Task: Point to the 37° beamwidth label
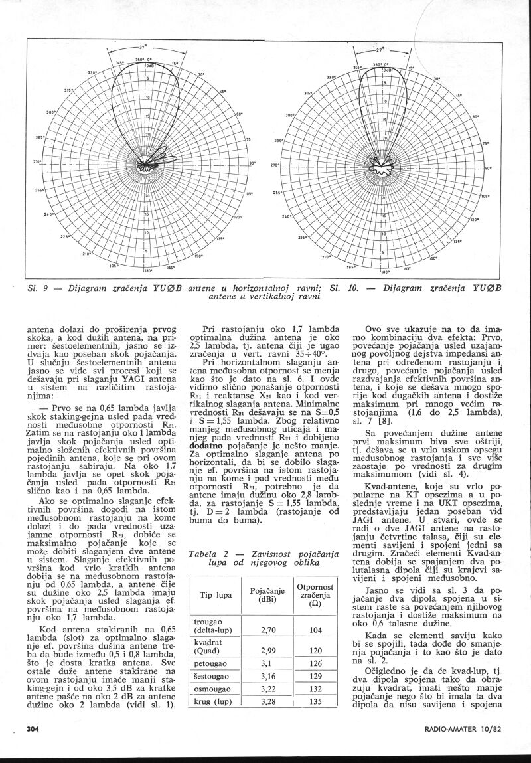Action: coord(143,47)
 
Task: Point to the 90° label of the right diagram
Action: coord(487,169)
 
